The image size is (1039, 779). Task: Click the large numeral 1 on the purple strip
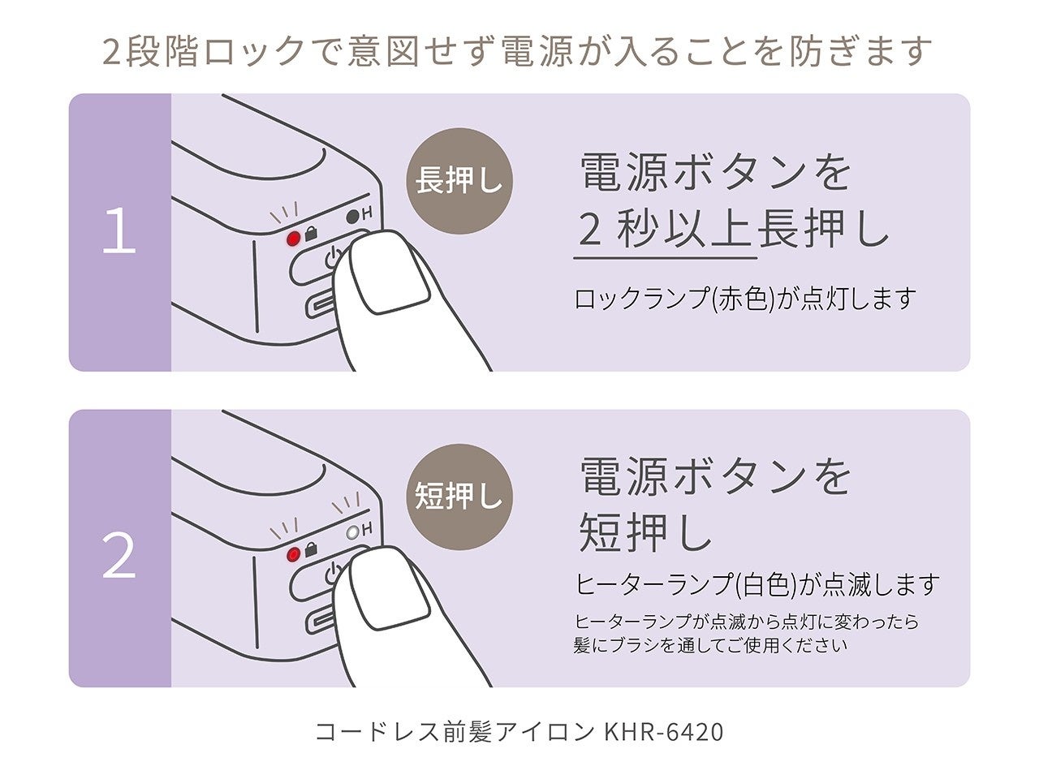pyautogui.click(x=119, y=232)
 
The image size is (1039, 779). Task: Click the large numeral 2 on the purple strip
pyautogui.click(x=119, y=556)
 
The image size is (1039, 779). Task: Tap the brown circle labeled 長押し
pyautogui.click(x=459, y=180)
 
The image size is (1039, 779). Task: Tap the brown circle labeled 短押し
pyautogui.click(x=459, y=497)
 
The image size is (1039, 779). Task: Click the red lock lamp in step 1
pyautogui.click(x=294, y=239)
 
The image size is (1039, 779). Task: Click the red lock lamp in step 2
pyautogui.click(x=294, y=555)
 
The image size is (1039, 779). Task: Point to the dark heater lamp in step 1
pyautogui.click(x=352, y=217)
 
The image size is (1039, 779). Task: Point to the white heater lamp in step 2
pyautogui.click(x=352, y=532)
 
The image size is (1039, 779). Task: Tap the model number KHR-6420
pyautogui.click(x=663, y=732)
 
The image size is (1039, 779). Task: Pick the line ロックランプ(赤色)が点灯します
pyautogui.click(x=744, y=299)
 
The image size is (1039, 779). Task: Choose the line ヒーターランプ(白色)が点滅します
pyautogui.click(x=757, y=584)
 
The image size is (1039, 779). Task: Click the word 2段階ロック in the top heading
pyautogui.click(x=203, y=51)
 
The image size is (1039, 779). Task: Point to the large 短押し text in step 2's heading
pyautogui.click(x=645, y=533)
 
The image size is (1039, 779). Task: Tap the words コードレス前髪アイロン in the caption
pyautogui.click(x=455, y=732)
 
